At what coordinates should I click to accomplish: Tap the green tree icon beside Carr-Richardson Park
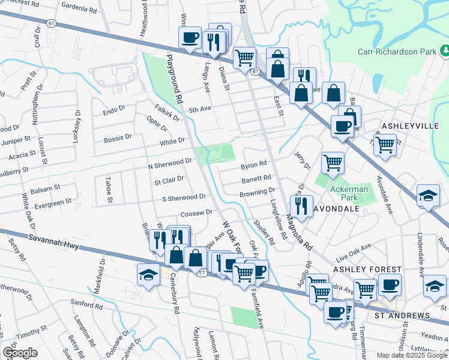443,52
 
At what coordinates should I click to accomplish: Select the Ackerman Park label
348,188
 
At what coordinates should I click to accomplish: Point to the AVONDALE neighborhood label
337,208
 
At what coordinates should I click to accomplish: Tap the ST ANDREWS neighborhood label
402,315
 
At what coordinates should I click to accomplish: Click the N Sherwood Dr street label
170,162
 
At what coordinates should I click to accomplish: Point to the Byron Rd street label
253,164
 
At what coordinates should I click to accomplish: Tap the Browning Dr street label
257,193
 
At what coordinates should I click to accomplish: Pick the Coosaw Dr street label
196,212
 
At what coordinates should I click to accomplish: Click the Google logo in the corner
20,353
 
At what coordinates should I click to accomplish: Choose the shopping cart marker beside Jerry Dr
332,162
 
